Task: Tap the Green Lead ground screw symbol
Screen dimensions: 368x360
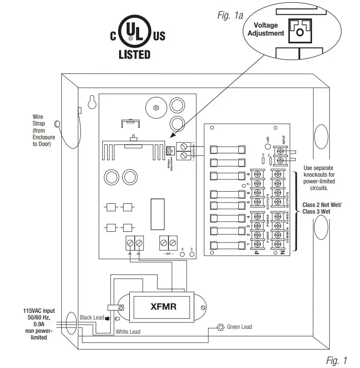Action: tap(220, 327)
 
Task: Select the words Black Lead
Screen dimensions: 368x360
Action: tap(92, 318)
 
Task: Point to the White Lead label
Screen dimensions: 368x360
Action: tap(128, 332)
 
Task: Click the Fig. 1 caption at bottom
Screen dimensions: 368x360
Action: tap(336, 360)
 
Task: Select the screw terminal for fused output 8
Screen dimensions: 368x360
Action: tap(256, 174)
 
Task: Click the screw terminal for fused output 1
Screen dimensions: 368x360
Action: tap(256, 244)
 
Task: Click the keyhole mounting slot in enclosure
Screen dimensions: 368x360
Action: tap(92, 102)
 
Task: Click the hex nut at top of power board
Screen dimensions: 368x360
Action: tap(156, 107)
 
